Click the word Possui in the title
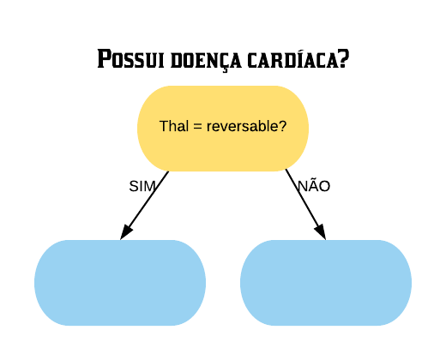click(130, 58)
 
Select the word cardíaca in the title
click(293, 58)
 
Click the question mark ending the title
click(345, 58)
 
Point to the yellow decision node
click(223, 129)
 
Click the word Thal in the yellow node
click(174, 126)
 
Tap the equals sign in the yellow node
click(197, 127)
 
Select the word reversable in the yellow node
click(242, 126)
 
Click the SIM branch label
click(142, 186)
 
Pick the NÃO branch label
click(314, 185)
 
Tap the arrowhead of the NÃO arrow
click(320, 231)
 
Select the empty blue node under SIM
click(120, 283)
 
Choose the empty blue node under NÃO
click(326, 283)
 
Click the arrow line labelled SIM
click(144, 206)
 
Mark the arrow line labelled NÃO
click(305, 204)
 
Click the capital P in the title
click(104, 58)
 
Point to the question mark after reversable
click(281, 126)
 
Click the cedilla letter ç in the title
click(225, 63)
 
